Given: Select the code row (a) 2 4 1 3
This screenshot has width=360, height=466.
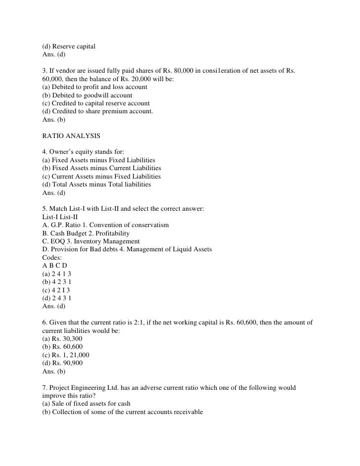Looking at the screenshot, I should pos(59,274).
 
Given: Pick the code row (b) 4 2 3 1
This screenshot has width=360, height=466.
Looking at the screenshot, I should pos(59,282).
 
